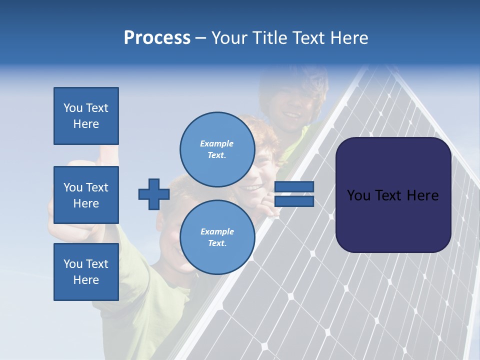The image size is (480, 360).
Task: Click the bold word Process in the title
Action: (157, 38)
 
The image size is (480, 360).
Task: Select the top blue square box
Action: (86, 116)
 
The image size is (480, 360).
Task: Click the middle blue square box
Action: (86, 195)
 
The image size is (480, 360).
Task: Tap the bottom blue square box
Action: (86, 272)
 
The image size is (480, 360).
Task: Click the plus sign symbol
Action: (154, 194)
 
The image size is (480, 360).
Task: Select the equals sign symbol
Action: (294, 194)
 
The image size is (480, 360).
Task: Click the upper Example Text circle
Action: (217, 149)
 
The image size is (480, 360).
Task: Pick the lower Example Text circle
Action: (217, 237)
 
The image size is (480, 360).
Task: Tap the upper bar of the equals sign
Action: (294, 187)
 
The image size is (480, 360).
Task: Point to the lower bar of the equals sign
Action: (294, 201)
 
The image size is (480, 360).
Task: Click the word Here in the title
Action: (349, 38)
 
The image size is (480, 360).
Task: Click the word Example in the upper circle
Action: (217, 143)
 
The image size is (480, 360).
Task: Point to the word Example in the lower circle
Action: (217, 231)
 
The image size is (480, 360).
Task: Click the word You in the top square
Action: (73, 108)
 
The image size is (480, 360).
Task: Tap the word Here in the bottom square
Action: (86, 280)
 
